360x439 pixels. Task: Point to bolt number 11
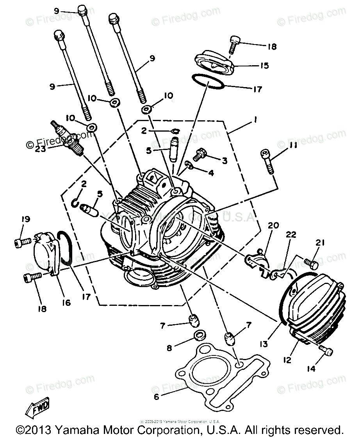tap(267, 160)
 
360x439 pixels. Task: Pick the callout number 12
tap(287, 360)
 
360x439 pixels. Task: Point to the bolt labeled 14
tap(326, 350)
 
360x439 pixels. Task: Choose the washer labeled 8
tap(200, 334)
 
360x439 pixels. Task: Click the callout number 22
tap(291, 235)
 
